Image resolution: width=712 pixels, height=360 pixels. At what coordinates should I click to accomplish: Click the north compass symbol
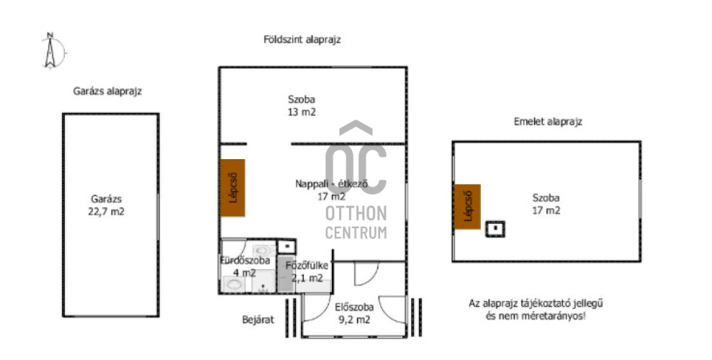(x=51, y=50)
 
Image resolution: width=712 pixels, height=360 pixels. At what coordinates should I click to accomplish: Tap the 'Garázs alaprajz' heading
(x=107, y=91)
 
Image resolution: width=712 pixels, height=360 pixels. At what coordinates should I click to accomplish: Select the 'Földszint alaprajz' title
(x=302, y=40)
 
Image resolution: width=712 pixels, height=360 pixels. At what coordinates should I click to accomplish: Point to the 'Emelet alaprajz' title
(x=548, y=122)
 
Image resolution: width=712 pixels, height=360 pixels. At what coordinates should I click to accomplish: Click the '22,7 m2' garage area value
(x=107, y=212)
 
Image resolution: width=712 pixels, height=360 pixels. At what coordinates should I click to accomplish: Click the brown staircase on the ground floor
(x=233, y=187)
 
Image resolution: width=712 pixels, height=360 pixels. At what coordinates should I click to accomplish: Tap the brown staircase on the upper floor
(x=467, y=207)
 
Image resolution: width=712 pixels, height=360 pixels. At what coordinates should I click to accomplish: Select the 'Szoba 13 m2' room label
(x=302, y=106)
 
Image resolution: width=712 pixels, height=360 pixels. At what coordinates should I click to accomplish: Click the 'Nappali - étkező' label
(x=331, y=184)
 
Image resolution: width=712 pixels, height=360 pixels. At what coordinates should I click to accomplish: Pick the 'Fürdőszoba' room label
(x=245, y=261)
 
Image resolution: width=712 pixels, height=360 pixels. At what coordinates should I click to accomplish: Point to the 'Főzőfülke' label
(x=307, y=266)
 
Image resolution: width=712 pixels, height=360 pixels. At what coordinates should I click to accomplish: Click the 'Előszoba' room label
(x=354, y=307)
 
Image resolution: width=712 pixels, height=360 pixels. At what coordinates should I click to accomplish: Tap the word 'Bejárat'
(x=258, y=320)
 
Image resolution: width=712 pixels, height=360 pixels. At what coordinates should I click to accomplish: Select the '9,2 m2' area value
(x=354, y=320)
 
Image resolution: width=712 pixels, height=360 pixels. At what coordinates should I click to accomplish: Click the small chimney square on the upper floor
(x=495, y=229)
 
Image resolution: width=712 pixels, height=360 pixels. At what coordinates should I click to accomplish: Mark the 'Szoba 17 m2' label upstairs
(x=546, y=204)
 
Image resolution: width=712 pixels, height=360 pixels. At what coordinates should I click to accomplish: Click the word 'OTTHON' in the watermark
(x=356, y=213)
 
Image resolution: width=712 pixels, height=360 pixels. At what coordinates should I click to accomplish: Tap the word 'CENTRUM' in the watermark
(x=356, y=233)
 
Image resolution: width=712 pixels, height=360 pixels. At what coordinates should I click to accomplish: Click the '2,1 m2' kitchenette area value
(x=307, y=279)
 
